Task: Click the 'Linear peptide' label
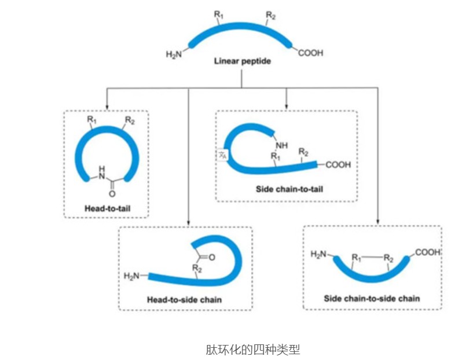(x=242, y=61)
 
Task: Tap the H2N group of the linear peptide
(x=174, y=55)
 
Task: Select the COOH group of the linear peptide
(x=311, y=53)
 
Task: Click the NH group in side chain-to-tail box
(x=281, y=145)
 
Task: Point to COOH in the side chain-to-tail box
(x=338, y=165)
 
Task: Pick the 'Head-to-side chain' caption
(x=184, y=300)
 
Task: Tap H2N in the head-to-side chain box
(x=132, y=275)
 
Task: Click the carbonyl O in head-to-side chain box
(x=210, y=257)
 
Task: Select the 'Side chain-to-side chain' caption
(x=372, y=299)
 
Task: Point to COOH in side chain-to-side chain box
(x=428, y=252)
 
